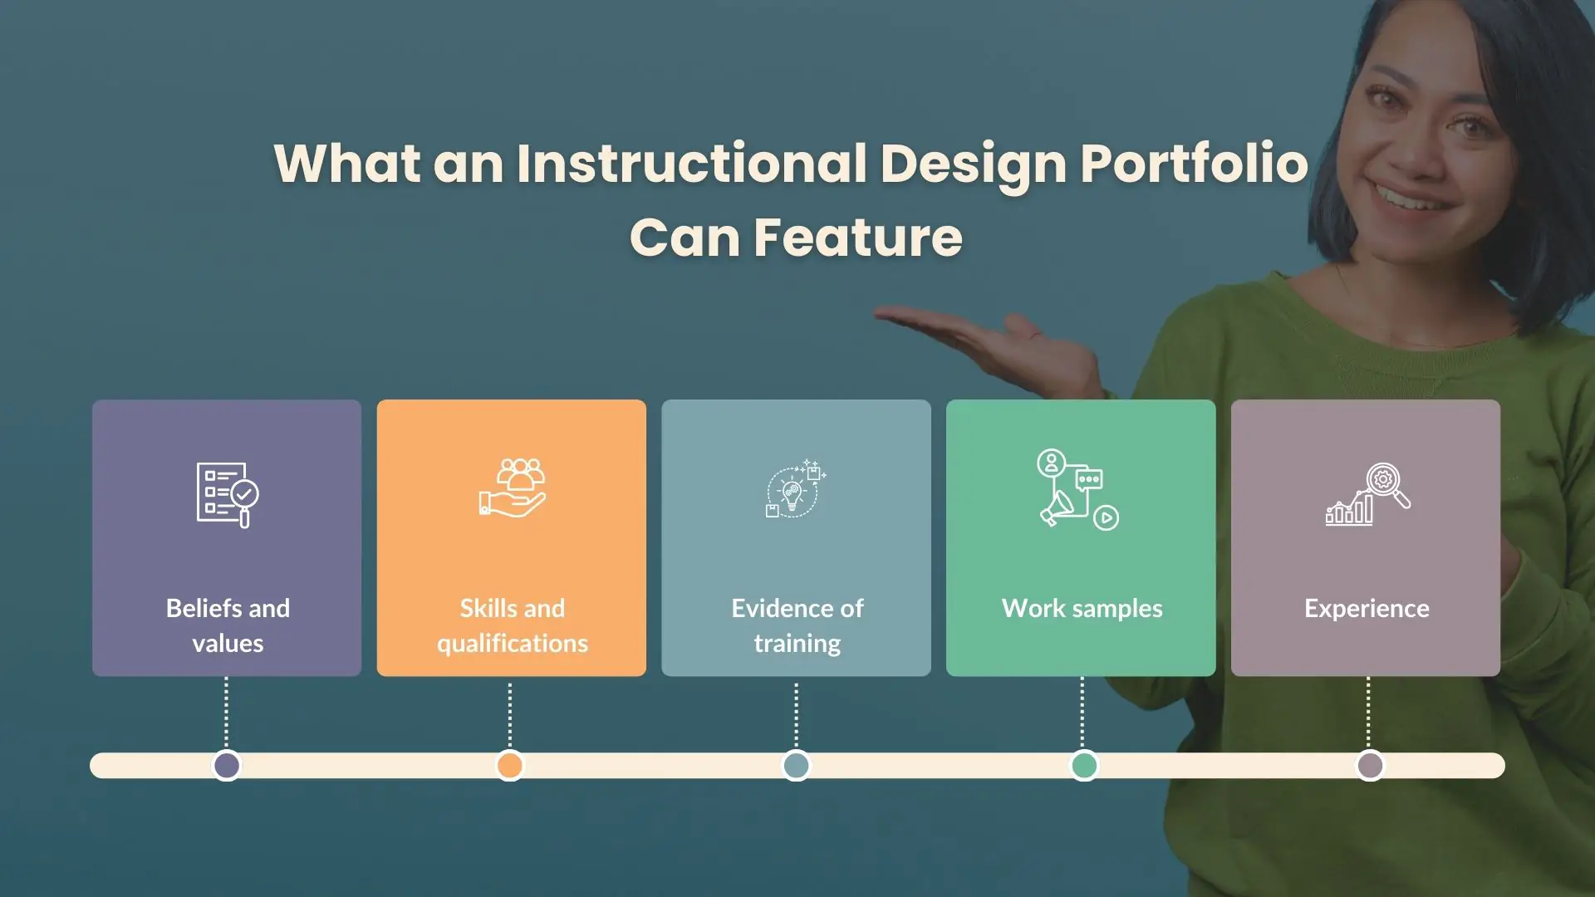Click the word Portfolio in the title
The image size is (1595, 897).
pyautogui.click(x=1194, y=163)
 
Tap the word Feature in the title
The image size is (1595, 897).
pyautogui.click(x=858, y=238)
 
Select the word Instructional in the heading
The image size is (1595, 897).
pyautogui.click(x=692, y=163)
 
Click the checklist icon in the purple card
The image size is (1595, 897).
pyautogui.click(x=228, y=495)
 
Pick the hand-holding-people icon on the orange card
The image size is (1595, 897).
pyautogui.click(x=513, y=488)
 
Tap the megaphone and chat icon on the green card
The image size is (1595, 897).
pyautogui.click(x=1077, y=489)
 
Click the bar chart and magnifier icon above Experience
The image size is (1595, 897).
pyautogui.click(x=1367, y=494)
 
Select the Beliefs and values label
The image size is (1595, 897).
pyautogui.click(x=228, y=625)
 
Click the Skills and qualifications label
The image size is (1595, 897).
pyautogui.click(x=513, y=625)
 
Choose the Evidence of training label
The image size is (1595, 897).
pyautogui.click(x=797, y=625)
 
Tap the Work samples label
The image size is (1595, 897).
pyautogui.click(x=1082, y=609)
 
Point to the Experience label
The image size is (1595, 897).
pyautogui.click(x=1367, y=609)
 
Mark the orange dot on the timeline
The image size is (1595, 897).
pyautogui.click(x=510, y=766)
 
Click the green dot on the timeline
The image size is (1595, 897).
pyautogui.click(x=1084, y=766)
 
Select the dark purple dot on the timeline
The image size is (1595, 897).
pyautogui.click(x=227, y=766)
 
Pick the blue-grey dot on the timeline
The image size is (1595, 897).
pyautogui.click(x=797, y=766)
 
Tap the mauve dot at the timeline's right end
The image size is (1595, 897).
pyautogui.click(x=1370, y=766)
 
